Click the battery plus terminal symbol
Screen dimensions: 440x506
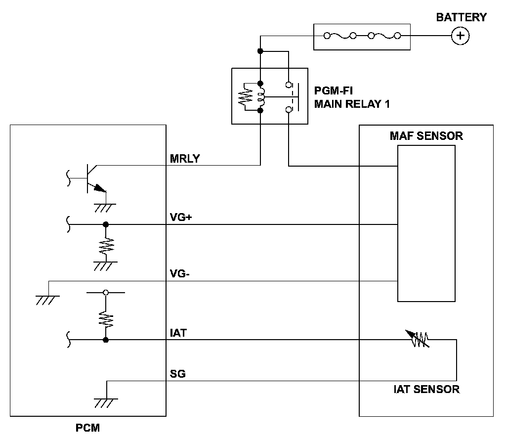460,36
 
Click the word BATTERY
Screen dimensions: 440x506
461,17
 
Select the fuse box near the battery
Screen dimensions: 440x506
362,36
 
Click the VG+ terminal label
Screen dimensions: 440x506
180,218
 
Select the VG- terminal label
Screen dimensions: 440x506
180,273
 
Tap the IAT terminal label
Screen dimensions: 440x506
178,333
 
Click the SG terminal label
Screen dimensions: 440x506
177,374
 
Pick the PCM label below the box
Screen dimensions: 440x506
87,428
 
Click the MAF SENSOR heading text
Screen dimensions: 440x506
426,136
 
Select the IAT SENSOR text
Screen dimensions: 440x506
426,389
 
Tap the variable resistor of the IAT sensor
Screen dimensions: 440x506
420,339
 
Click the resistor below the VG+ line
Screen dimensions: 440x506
106,245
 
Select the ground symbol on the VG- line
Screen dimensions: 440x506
48,299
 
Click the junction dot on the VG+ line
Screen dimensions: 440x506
105,224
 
